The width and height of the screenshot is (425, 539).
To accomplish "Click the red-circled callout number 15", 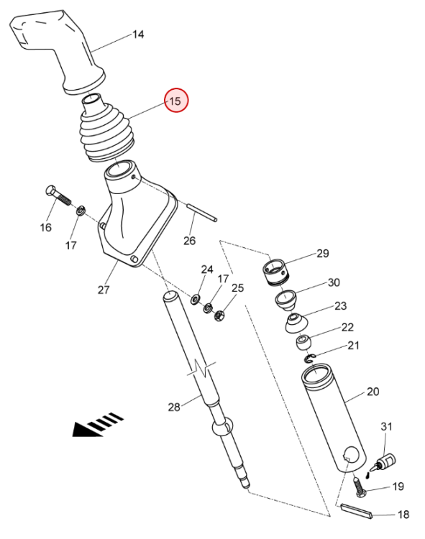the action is (x=175, y=101).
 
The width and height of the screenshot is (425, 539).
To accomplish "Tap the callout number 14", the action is (x=138, y=34).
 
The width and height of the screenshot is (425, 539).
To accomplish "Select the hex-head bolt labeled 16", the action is (x=58, y=195).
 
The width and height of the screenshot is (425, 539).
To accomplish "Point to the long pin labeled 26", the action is (x=202, y=213).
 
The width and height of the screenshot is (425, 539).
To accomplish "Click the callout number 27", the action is (x=104, y=290).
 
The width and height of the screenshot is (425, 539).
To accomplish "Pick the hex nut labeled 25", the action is (x=219, y=315).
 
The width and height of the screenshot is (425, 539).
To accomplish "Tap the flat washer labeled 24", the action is (x=196, y=299).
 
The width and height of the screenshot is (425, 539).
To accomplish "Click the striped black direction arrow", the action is (x=97, y=425).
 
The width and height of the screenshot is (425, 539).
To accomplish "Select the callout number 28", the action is (x=174, y=407).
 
